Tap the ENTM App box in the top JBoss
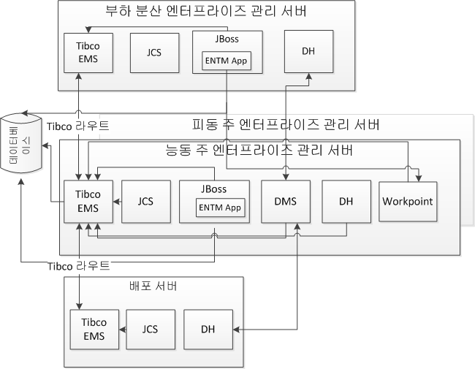coord(227,60)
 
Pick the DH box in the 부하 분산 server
coord(308,51)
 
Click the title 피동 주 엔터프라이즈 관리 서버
coord(285,125)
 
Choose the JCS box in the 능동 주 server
coord(145,201)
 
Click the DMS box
coord(285,201)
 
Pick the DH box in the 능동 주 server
coord(346,201)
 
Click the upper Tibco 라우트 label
coord(78,126)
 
